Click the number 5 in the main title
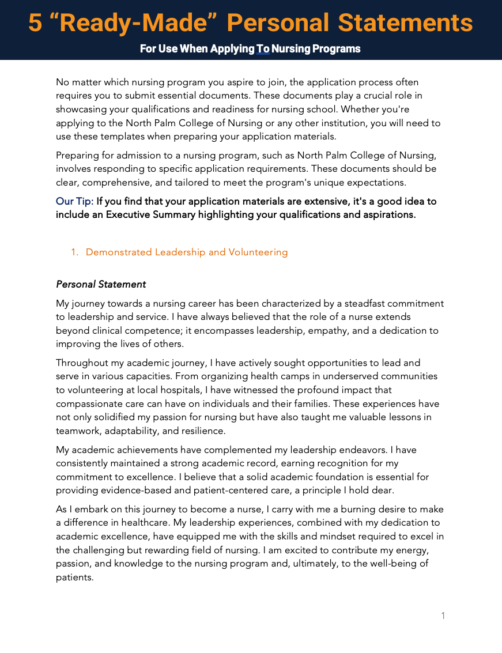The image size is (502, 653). [35, 23]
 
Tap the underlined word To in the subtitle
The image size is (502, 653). [263, 49]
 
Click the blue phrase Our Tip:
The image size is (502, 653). [74, 202]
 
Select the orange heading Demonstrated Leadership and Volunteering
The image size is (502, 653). [186, 252]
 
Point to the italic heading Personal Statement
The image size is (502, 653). [101, 285]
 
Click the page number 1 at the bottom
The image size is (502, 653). [443, 616]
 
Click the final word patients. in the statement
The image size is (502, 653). [74, 577]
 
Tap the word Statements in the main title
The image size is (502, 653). [405, 23]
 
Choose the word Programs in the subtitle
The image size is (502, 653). [336, 49]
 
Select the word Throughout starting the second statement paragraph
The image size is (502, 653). [81, 363]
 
